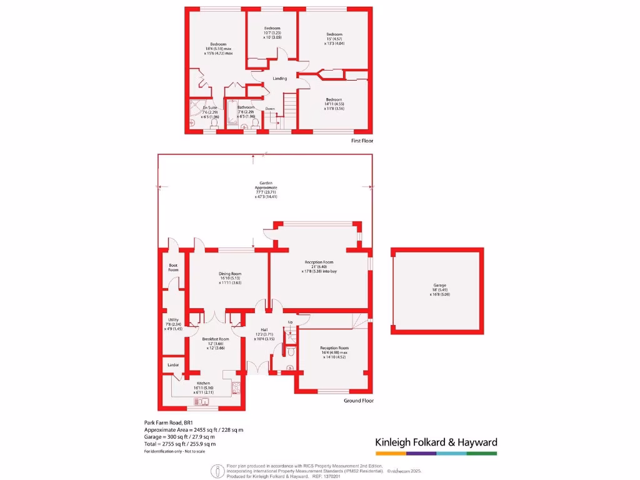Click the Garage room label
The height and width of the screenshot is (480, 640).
point(440,286)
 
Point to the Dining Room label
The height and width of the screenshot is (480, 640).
point(230,274)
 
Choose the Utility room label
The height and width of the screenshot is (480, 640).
point(173,320)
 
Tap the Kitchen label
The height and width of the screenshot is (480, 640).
point(204,383)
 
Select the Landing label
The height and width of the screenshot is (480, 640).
point(280,79)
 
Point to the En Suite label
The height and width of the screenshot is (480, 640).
point(209,107)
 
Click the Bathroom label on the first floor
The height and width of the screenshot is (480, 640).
point(246,107)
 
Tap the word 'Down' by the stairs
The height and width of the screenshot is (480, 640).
point(270,109)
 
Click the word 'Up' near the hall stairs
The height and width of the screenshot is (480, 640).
point(290,322)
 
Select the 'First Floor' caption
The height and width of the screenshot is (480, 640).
point(362,141)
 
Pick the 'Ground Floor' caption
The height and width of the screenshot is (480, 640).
point(359,401)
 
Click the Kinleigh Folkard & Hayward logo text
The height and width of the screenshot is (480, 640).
point(436,442)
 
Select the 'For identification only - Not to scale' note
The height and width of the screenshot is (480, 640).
point(174,451)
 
